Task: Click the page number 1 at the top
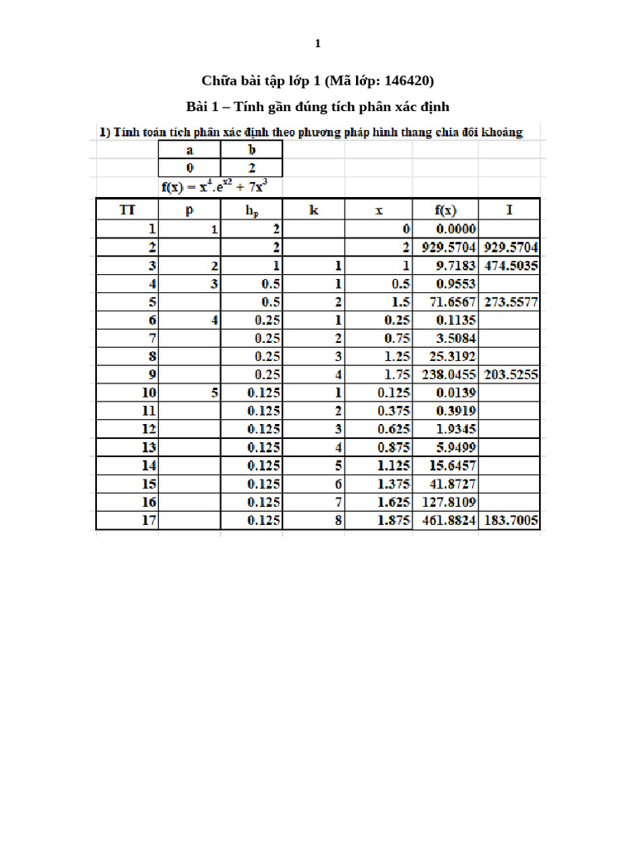[317, 44]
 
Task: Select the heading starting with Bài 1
[317, 107]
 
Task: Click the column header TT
[128, 210]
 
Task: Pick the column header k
[314, 210]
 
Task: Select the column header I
[509, 210]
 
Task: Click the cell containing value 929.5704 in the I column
[510, 247]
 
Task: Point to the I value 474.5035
[510, 265]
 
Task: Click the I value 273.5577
[510, 301]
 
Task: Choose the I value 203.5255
[510, 374]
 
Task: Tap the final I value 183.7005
[510, 520]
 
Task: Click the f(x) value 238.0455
[447, 374]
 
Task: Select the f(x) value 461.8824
[447, 520]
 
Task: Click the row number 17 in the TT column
[149, 520]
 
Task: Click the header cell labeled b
[252, 151]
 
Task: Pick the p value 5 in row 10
[214, 393]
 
